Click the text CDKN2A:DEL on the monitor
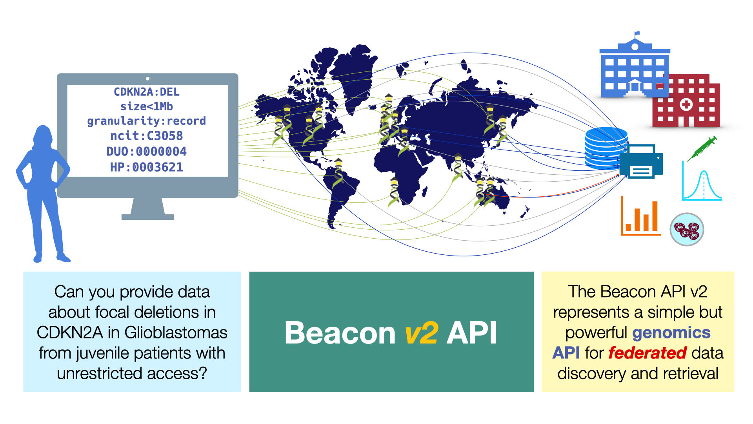coord(146,92)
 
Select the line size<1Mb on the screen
coord(146,106)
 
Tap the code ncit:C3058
coord(146,136)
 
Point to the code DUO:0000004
coord(146,152)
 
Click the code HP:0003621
coord(146,167)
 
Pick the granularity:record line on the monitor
coord(146,121)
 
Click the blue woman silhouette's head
coord(43,135)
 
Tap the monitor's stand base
coord(147,217)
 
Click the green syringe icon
coord(702,148)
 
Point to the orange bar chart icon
coord(641,216)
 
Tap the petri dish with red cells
coord(687,230)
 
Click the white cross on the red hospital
coord(686,104)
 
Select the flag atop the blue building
coord(637,34)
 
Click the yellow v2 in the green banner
coord(421,333)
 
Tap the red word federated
coord(647,353)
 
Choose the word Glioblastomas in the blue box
coord(176,333)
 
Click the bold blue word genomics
coord(671,333)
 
